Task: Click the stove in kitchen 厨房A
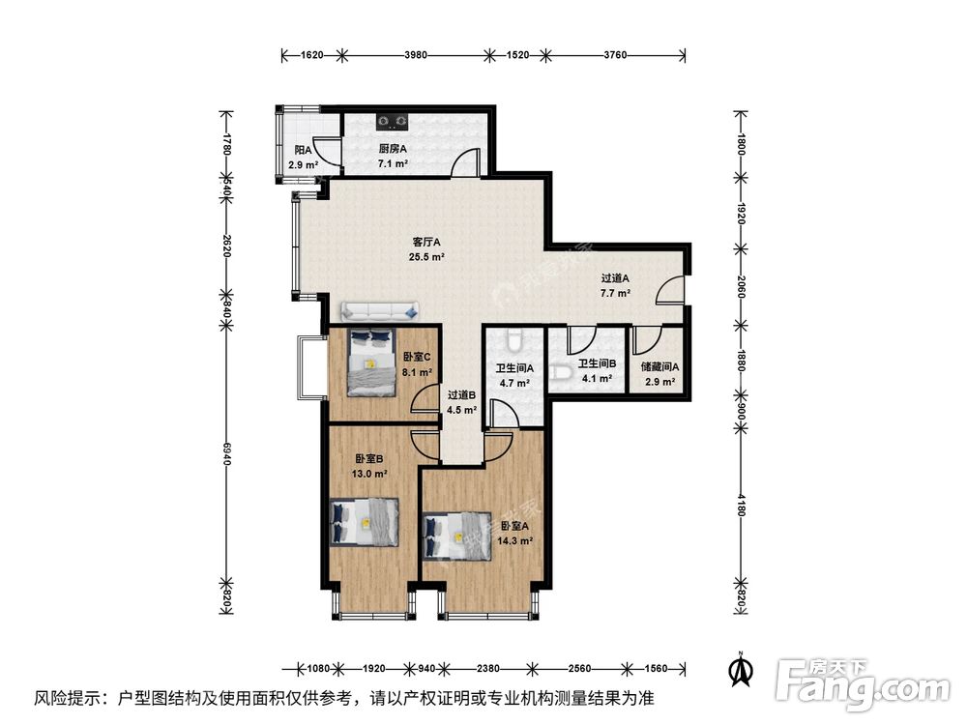394,122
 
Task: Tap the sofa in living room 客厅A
379,311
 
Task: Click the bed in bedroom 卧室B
365,522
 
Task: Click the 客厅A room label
426,242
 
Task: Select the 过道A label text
615,277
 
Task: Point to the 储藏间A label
659,366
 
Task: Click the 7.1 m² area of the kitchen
392,164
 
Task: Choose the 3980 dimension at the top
416,56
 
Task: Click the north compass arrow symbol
741,668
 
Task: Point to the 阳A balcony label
303,151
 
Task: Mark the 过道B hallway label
461,394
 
